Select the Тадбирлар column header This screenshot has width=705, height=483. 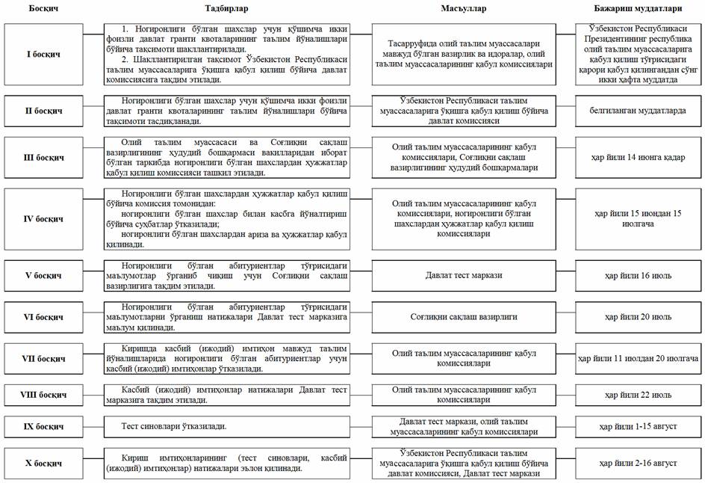pyautogui.click(x=227, y=8)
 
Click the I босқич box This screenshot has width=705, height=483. pyautogui.click(x=43, y=55)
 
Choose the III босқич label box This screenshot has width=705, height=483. pyautogui.click(x=43, y=158)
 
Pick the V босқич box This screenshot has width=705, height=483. pyautogui.click(x=43, y=275)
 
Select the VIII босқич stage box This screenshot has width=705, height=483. pyautogui.click(x=43, y=394)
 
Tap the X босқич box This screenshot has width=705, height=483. pyautogui.click(x=43, y=463)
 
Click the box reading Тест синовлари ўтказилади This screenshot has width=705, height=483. pyautogui.click(x=227, y=426)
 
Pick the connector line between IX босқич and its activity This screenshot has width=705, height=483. pyautogui.click(x=94, y=426)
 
